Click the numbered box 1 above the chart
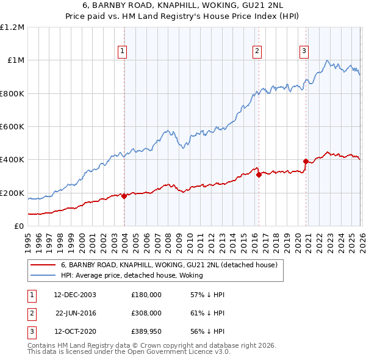(123, 51)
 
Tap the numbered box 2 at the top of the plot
(257, 51)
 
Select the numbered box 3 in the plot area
(303, 51)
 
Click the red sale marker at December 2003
(124, 196)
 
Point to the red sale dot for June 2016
(259, 175)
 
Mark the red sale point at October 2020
(305, 162)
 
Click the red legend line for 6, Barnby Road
(43, 265)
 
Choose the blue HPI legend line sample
(43, 276)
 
